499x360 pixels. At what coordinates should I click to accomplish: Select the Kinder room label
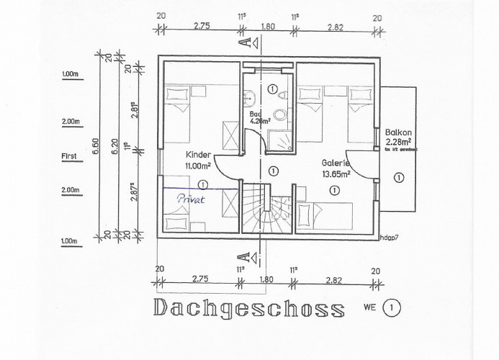[198, 155]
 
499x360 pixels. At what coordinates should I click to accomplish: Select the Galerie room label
[335, 163]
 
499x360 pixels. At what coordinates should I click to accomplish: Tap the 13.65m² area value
[335, 174]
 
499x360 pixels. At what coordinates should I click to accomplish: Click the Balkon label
[398, 132]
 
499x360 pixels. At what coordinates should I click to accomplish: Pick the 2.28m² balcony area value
[398, 143]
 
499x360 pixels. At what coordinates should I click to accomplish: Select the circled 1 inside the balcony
[397, 176]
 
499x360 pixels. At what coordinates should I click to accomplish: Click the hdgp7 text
[392, 236]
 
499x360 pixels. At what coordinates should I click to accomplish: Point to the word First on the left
[70, 155]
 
